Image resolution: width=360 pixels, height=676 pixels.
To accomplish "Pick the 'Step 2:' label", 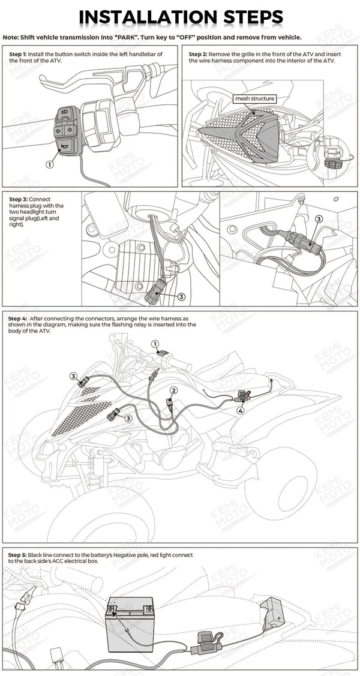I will (199, 54).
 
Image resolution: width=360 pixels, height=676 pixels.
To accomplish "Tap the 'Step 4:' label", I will (17, 318).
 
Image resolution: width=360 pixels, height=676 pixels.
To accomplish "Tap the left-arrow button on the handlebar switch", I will (58, 129).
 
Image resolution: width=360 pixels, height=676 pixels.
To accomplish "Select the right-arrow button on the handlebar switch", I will (69, 129).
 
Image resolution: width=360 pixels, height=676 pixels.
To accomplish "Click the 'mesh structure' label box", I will (254, 98).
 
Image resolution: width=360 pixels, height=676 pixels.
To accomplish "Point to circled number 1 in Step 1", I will (49, 163).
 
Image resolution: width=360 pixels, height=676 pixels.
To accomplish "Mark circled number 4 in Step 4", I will (241, 411).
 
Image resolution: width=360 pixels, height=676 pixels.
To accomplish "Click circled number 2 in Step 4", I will (173, 390).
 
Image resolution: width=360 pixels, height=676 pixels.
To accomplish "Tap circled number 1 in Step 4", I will (155, 344).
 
